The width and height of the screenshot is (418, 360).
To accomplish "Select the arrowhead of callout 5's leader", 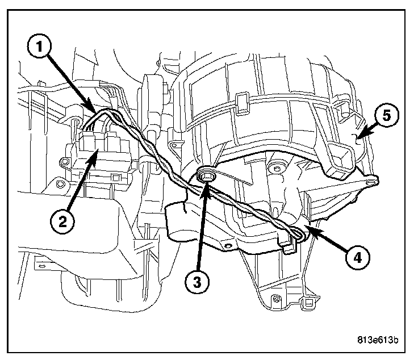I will click(x=356, y=136).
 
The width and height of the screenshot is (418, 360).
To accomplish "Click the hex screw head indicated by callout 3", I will click(x=207, y=175).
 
